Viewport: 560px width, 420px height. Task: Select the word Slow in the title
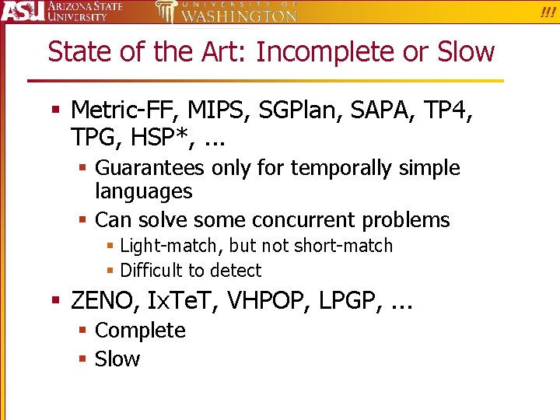(x=466, y=52)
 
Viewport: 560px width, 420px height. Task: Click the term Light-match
(x=170, y=246)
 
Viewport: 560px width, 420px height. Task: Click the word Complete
(x=140, y=331)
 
